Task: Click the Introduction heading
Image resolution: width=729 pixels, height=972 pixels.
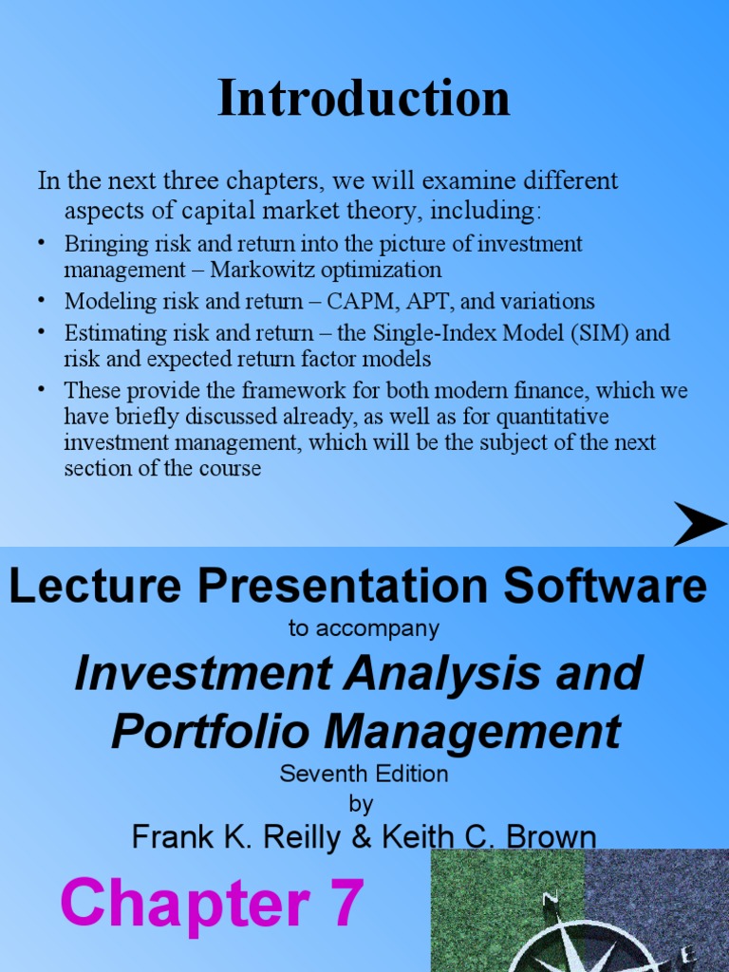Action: coord(364,98)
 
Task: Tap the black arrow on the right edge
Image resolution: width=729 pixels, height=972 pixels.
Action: coord(701,524)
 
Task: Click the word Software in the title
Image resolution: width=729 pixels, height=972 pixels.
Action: coord(606,587)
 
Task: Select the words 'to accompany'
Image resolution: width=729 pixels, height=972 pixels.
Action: coord(364,628)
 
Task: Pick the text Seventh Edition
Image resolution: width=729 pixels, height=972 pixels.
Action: coord(364,774)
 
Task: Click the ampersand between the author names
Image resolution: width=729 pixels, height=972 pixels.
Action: coord(360,836)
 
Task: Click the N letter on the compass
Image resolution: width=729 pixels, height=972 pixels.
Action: coord(550,898)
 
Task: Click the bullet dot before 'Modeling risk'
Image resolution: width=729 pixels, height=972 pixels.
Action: coord(42,300)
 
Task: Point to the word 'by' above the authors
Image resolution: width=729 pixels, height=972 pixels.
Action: coord(362,804)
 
